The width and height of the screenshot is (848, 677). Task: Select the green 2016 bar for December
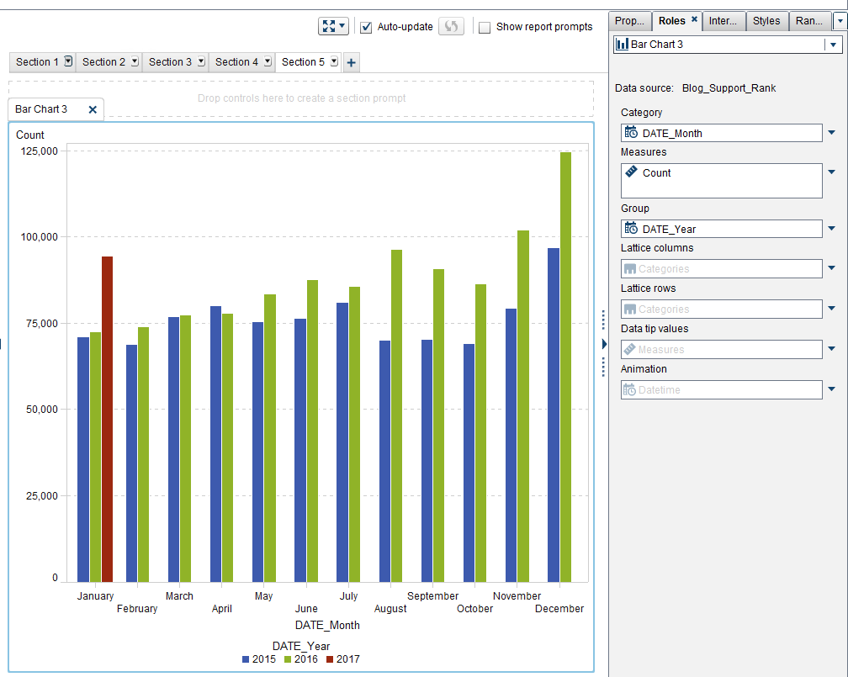(565, 367)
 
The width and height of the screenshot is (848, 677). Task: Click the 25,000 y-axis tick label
(39, 496)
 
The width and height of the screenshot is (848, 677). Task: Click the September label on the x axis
(432, 596)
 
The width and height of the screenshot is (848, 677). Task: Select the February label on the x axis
(137, 609)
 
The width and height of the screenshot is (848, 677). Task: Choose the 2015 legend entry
(258, 659)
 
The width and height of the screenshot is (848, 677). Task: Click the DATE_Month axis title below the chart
(327, 626)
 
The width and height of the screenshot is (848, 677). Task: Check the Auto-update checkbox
(367, 27)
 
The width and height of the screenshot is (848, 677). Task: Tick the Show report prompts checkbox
(485, 27)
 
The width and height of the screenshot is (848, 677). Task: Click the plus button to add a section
(352, 62)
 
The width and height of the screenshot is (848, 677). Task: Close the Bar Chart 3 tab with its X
(93, 109)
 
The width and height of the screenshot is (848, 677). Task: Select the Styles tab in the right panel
(766, 21)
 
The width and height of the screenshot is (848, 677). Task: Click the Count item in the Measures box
(656, 173)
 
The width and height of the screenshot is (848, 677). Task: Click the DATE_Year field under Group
(669, 229)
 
